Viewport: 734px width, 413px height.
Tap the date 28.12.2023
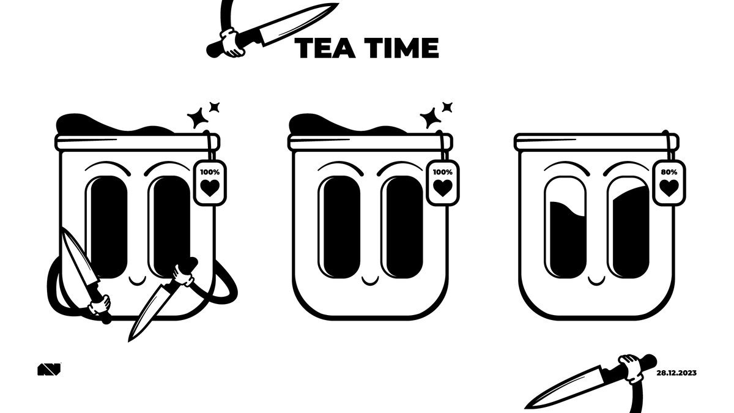pos(677,373)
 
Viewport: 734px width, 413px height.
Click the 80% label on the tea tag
pos(670,172)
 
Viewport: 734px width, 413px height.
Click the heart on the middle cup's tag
pos(442,188)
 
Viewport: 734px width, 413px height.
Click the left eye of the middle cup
pos(338,226)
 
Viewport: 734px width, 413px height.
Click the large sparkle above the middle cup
pos(430,117)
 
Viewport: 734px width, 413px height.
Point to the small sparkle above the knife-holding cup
pos(214,107)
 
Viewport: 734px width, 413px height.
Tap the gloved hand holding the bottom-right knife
pos(629,367)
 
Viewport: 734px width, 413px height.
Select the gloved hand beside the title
pos(232,43)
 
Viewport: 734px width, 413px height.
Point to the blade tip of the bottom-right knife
pos(527,405)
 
